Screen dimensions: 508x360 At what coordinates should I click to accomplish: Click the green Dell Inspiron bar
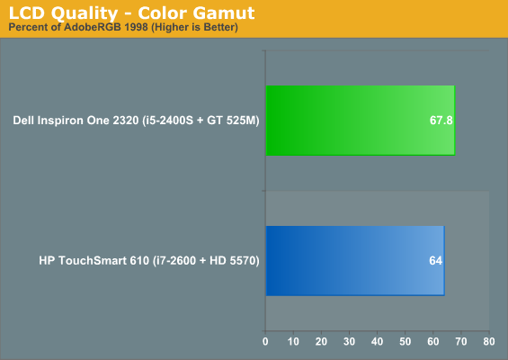361,121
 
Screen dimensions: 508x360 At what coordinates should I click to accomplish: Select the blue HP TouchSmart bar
355,261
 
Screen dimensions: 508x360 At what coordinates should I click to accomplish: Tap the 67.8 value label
441,121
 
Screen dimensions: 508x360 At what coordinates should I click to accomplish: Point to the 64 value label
435,261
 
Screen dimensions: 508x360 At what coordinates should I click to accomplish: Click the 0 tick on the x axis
265,341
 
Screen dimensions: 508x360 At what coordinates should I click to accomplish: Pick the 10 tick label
293,341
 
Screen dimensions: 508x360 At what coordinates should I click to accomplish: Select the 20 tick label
321,341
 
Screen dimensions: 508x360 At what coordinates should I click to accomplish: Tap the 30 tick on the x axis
349,341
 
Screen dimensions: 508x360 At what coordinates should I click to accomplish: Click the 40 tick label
377,341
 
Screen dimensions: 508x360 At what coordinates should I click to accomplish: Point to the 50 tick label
405,341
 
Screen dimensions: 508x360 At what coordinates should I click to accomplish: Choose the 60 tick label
433,341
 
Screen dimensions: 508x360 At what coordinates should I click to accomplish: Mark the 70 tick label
461,341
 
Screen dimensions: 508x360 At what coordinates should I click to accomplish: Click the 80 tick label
489,341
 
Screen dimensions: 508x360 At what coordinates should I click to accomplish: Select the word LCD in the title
27,13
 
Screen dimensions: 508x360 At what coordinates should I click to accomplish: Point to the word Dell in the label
23,121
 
